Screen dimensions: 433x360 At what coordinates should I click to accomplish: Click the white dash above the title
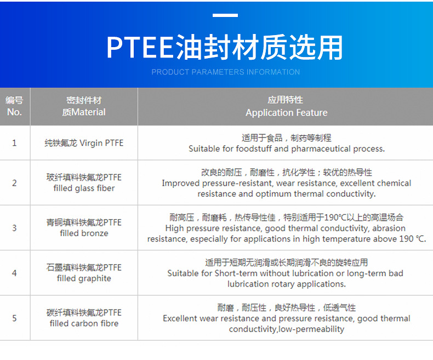coord(225,15)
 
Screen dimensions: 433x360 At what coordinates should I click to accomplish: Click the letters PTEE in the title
coord(140,48)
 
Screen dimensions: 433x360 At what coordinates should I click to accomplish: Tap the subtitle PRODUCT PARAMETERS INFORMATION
coord(226,72)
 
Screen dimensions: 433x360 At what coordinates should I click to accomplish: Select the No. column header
coord(14,106)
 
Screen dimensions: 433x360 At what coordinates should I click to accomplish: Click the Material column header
coord(84,106)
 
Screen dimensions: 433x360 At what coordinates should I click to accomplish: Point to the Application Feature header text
coord(286,113)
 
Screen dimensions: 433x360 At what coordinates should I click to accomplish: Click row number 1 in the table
coord(14,143)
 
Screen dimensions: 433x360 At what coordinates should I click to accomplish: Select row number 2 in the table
coord(14,183)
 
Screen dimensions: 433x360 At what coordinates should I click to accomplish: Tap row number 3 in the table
coord(14,228)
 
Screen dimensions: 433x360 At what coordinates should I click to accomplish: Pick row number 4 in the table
coord(14,273)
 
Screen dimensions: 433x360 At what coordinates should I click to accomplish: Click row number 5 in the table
coord(14,318)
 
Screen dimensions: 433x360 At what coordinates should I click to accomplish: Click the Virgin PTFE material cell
coord(84,143)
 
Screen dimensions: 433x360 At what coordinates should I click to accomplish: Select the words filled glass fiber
coord(84,188)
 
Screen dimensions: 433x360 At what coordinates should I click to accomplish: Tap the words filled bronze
coord(84,233)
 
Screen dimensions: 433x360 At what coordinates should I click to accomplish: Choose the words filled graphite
coord(84,278)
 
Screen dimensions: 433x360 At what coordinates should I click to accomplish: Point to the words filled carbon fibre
coord(84,323)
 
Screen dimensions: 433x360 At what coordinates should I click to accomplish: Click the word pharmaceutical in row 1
coord(321,149)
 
